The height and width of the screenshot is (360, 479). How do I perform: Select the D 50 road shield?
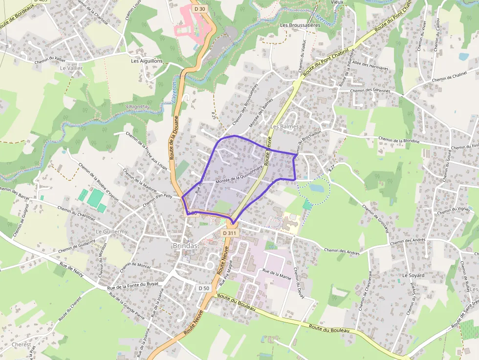[x=204, y=288]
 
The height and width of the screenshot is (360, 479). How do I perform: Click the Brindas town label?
[x=185, y=246]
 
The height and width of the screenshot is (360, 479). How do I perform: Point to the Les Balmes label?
[x=284, y=127]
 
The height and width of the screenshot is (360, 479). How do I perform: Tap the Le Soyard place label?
[x=413, y=275]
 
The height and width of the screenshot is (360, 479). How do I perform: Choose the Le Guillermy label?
[x=111, y=231]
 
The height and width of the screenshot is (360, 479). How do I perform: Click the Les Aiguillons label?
[x=147, y=61]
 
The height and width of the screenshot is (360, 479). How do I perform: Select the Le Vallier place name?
[x=71, y=69]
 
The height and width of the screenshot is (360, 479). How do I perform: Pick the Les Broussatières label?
[x=300, y=25]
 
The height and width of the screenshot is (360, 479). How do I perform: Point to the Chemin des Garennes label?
[x=370, y=91]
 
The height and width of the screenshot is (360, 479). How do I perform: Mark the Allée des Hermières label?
[x=370, y=67]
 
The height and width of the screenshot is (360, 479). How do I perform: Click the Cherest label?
[x=21, y=344]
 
